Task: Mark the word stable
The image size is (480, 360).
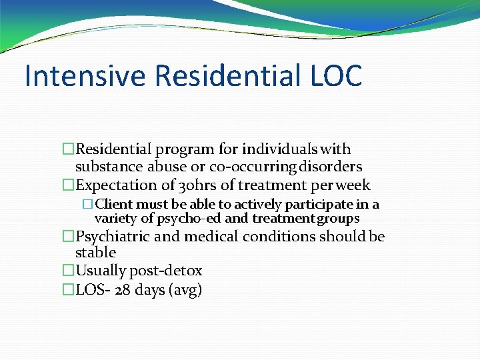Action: coord(95,253)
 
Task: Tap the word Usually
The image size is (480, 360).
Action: coord(101,271)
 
